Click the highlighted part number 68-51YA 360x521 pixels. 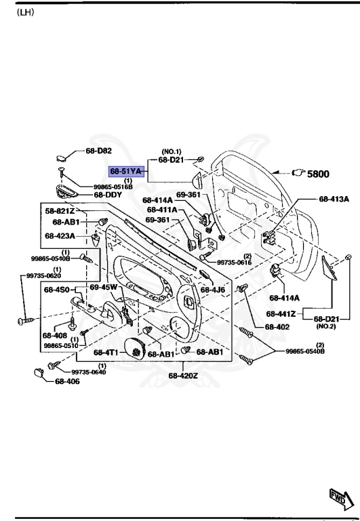click(126, 172)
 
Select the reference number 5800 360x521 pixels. click(318, 174)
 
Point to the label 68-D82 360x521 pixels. click(98, 151)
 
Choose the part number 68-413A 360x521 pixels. click(334, 199)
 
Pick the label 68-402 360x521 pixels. click(277, 326)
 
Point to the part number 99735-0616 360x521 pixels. click(235, 262)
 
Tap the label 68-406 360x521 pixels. click(67, 382)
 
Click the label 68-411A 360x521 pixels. click(162, 210)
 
